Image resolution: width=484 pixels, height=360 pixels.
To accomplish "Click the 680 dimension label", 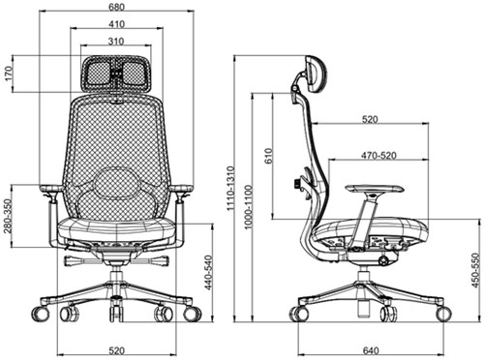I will tap(116, 7).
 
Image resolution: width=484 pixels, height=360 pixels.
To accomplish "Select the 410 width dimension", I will tap(116, 24).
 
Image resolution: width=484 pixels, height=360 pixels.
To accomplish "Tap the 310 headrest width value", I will tap(116, 41).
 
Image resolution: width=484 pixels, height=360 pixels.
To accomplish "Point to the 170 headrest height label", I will tap(9, 75).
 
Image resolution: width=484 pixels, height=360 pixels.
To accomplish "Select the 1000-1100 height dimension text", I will tap(248, 207).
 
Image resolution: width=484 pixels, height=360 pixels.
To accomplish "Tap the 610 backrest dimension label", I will tap(268, 156).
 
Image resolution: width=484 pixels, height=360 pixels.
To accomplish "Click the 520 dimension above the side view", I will tap(369, 120).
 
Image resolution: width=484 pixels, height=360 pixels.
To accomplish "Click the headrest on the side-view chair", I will tap(314, 73).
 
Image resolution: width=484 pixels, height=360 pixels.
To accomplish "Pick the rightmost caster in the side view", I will tap(442, 313).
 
